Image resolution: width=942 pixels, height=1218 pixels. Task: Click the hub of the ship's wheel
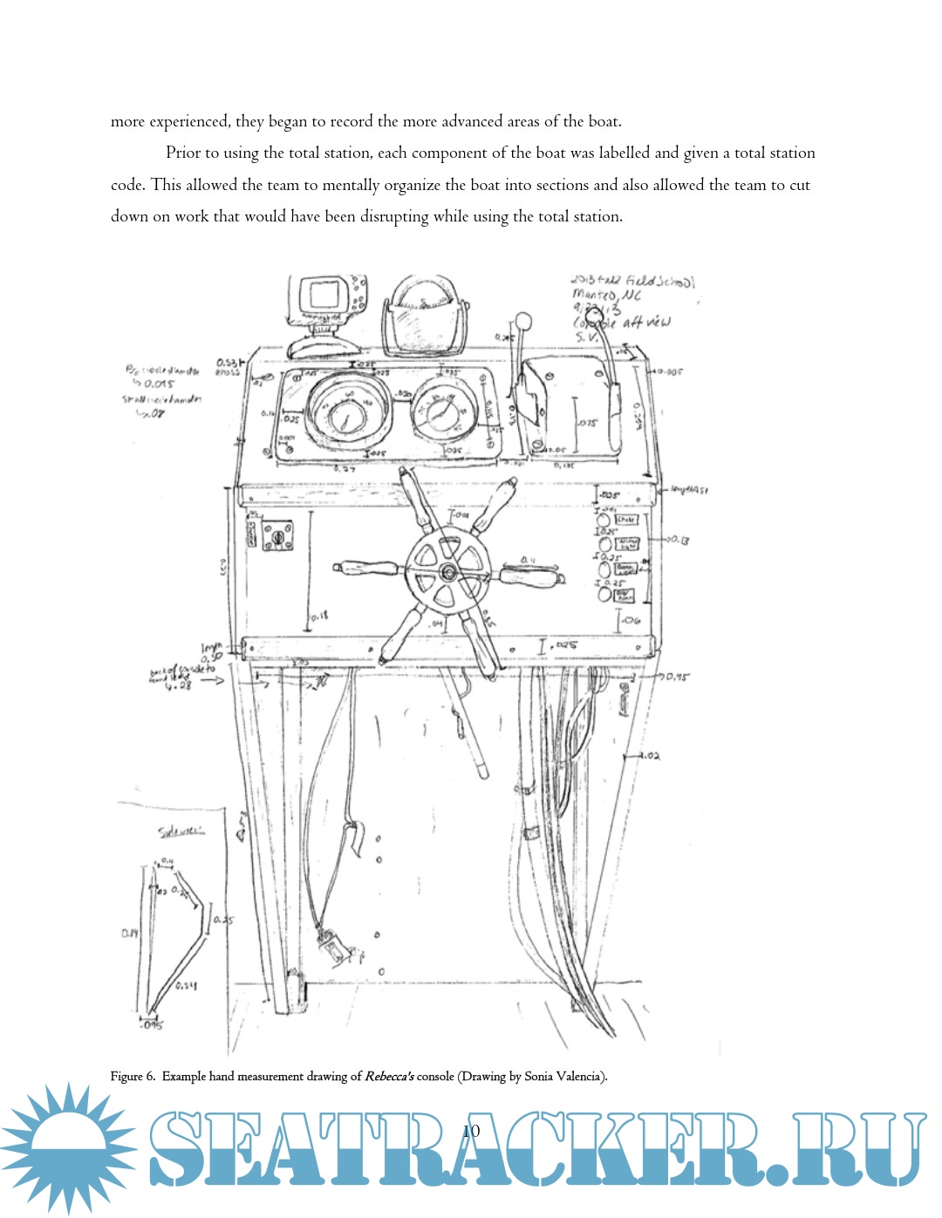(x=447, y=572)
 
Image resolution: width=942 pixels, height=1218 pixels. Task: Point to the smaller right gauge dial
(x=446, y=411)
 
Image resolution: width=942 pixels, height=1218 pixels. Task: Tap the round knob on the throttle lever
(x=523, y=321)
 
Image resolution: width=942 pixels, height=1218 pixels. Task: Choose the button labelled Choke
(x=626, y=520)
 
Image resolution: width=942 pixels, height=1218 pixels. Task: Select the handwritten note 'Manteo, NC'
(x=607, y=296)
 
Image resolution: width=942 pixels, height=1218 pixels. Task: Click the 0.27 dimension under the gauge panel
(x=345, y=469)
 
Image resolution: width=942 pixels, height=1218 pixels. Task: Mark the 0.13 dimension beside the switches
(x=679, y=541)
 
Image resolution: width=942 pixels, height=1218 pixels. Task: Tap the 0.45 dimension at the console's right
(x=678, y=677)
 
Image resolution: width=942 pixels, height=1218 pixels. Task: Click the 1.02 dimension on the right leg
(x=649, y=755)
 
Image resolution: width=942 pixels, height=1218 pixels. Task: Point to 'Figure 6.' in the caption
(x=133, y=1077)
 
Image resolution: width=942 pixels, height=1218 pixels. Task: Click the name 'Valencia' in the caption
(x=578, y=1077)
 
